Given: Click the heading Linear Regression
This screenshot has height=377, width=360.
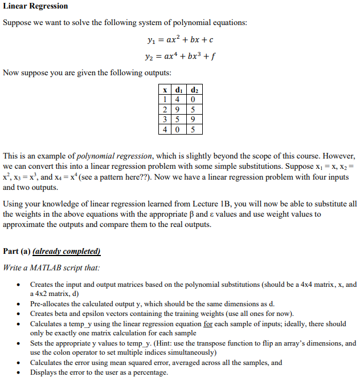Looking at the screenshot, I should click(x=35, y=6).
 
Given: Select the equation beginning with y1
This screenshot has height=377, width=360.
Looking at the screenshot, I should click(x=180, y=40).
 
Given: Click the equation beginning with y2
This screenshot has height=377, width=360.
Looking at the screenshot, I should click(x=180, y=56).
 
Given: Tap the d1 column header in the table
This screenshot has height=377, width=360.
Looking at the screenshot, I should click(x=180, y=90).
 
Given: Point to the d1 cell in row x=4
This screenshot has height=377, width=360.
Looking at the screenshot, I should click(x=180, y=129).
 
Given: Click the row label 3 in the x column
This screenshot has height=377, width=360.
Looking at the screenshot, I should click(x=165, y=119).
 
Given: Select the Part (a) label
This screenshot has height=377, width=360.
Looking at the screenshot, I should click(x=17, y=252).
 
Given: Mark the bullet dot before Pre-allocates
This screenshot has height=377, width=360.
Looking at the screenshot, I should click(x=20, y=304).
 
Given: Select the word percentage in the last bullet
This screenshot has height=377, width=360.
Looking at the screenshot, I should click(x=150, y=372).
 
